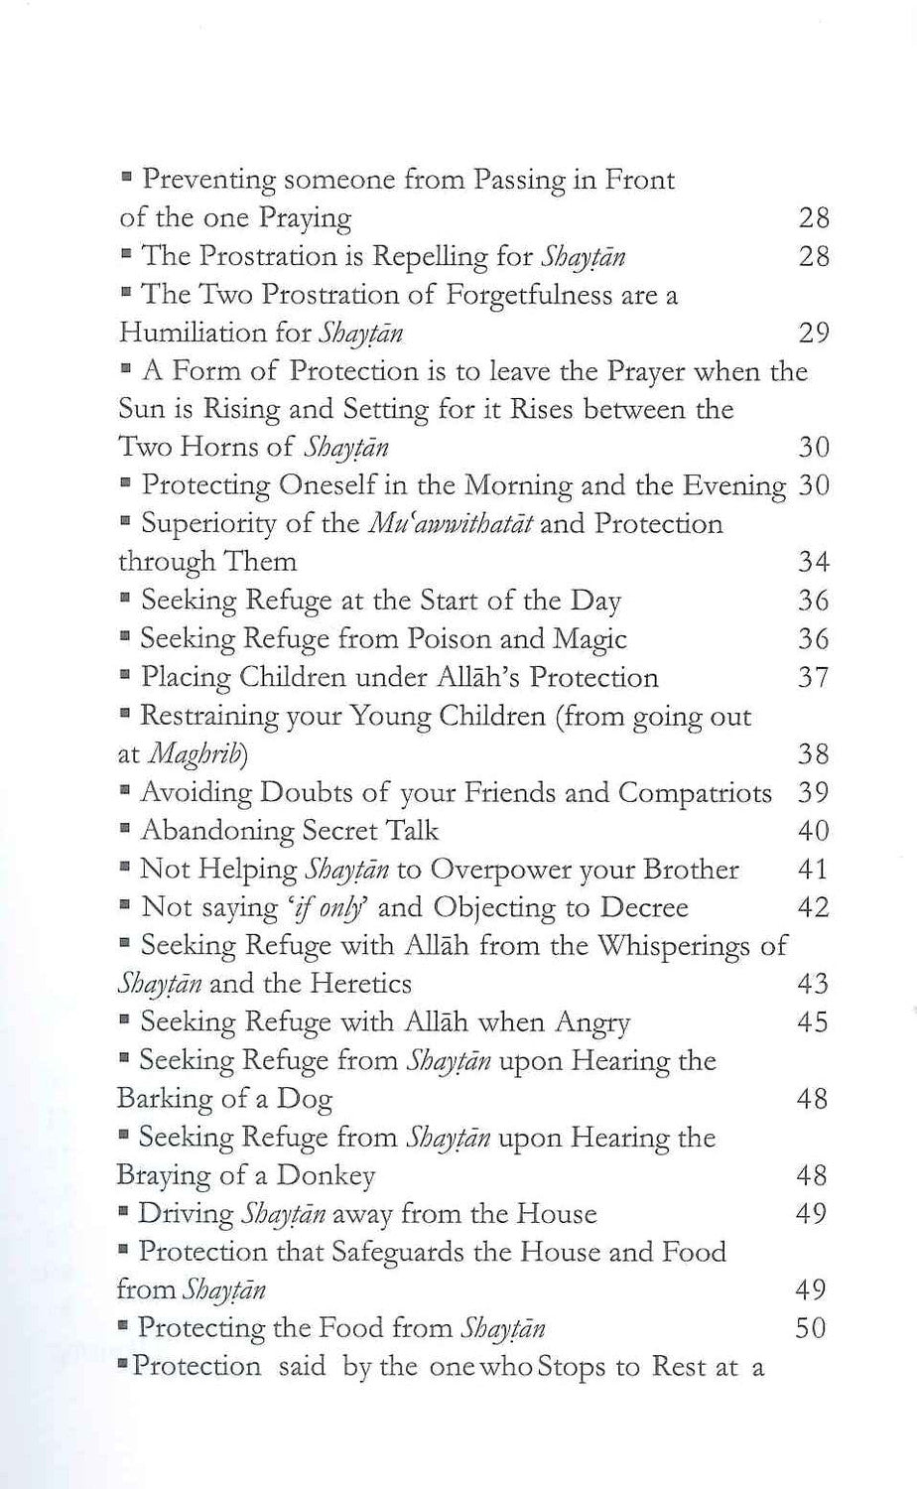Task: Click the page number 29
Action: (813, 333)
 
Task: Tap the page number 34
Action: (813, 562)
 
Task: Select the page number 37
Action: (813, 678)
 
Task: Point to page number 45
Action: (813, 1022)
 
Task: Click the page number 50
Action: (811, 1328)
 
